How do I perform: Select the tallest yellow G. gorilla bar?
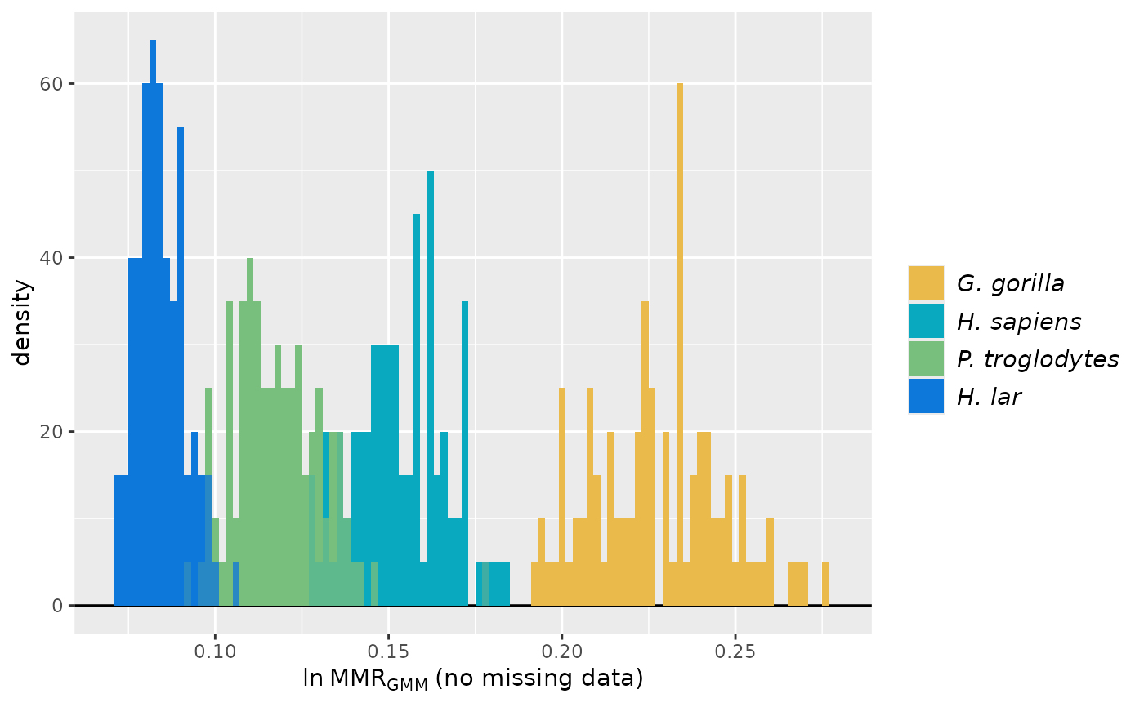pos(679,344)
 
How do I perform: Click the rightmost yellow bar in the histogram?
pos(825,583)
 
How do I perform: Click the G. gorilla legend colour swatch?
pos(926,283)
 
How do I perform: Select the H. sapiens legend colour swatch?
pos(926,321)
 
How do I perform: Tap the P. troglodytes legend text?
pos(1038,359)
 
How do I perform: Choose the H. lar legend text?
pos(989,397)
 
